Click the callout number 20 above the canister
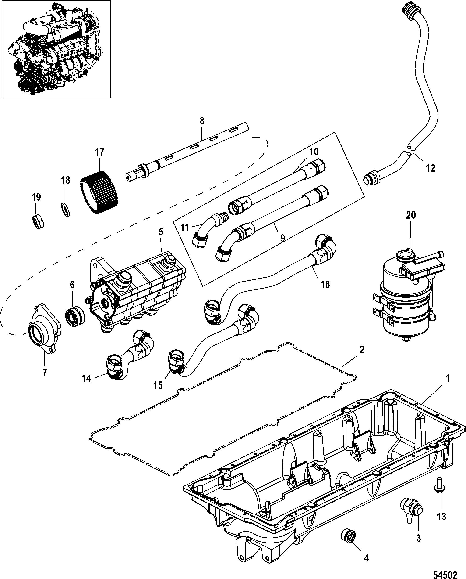click(x=411, y=215)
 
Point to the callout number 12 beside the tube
click(x=430, y=168)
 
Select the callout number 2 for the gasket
click(x=362, y=350)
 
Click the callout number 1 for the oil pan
click(x=447, y=379)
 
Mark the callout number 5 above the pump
click(x=161, y=232)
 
